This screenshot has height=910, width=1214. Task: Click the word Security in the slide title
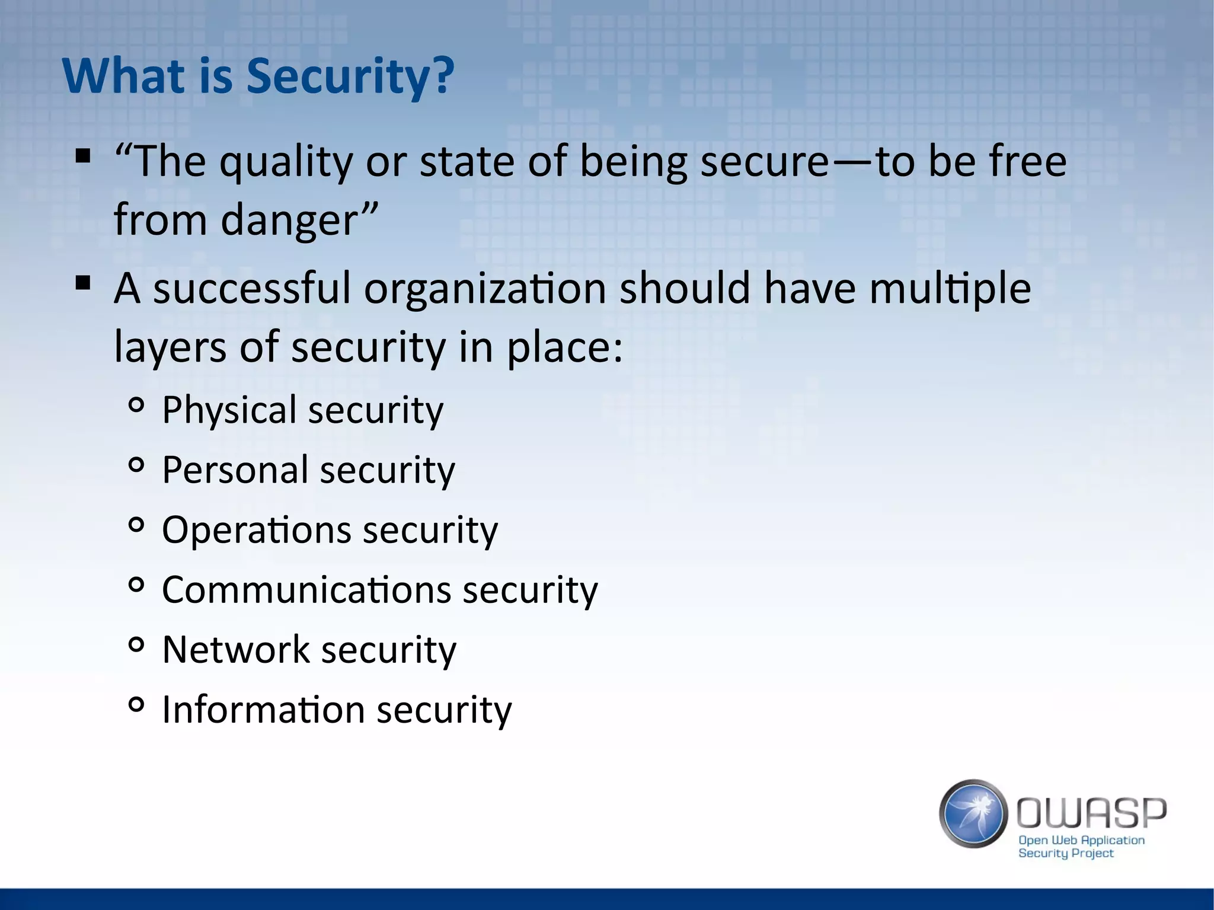click(350, 77)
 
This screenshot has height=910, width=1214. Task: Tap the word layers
click(170, 347)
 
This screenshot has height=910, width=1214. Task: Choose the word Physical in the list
click(229, 410)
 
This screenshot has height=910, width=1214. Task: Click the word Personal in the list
click(235, 470)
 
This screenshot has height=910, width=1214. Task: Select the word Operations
click(255, 530)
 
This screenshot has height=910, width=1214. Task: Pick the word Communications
click(306, 590)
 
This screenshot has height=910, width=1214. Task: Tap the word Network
click(235, 650)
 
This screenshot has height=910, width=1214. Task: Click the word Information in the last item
click(263, 710)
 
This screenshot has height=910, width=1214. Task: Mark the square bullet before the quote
click(83, 157)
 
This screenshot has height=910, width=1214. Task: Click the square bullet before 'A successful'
click(83, 283)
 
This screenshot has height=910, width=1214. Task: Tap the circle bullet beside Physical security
click(136, 405)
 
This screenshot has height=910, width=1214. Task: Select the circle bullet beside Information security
click(136, 705)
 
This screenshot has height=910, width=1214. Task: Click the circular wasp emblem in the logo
click(973, 813)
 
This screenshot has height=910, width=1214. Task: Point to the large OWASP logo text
click(1091, 813)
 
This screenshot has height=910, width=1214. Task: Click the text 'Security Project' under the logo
click(1065, 853)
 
